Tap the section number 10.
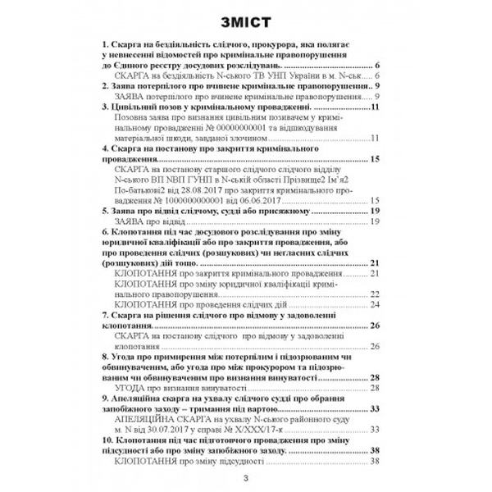click(x=102, y=440)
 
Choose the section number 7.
click(x=99, y=325)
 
